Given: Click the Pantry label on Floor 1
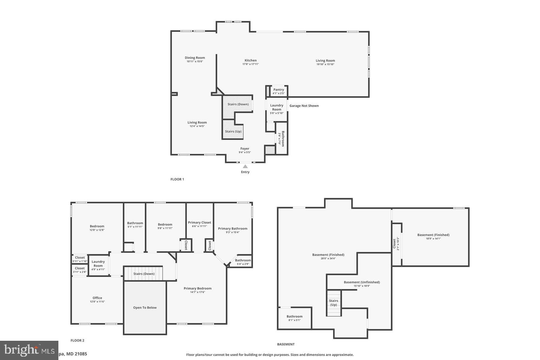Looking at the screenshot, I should point(278,89).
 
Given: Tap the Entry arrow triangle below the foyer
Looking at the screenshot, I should point(245,166).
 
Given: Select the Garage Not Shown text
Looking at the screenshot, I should point(304,106).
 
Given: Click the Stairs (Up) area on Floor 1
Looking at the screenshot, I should point(233,131).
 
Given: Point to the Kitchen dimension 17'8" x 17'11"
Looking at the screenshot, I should point(250,64).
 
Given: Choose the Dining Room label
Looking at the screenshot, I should point(195,58).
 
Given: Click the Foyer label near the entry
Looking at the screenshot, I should point(245,149).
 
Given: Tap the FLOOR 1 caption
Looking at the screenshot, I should point(177,179).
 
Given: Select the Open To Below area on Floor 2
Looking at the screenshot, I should point(145,308).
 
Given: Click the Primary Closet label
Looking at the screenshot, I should point(199,223).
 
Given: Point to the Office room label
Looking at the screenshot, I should point(97,298).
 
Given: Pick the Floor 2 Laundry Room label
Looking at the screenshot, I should point(98,263).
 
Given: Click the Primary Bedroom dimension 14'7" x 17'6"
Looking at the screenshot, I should point(197,292).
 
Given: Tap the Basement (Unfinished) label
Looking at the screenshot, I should point(362,282).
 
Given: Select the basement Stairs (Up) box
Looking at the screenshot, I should point(333,303).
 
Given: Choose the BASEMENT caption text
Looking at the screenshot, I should point(286,344).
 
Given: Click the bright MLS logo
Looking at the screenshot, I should point(29,350).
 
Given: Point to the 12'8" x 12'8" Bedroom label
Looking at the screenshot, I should point(97,226).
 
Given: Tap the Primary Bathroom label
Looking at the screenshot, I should point(233,229).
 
